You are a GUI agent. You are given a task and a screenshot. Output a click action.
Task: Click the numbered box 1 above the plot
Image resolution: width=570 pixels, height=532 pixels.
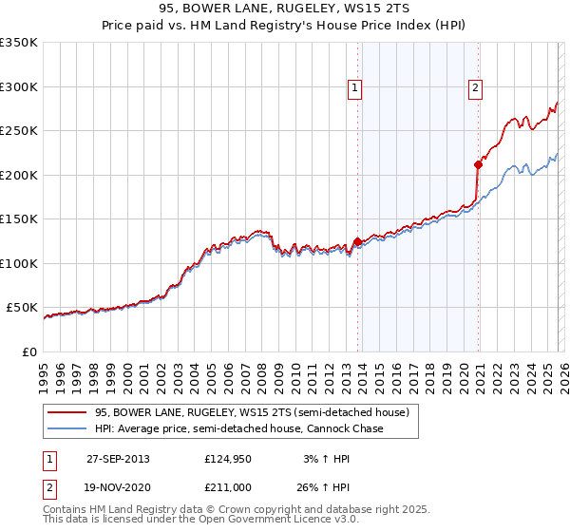coord(354,88)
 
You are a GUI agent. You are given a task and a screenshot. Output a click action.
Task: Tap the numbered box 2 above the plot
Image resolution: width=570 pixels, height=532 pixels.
coord(474,88)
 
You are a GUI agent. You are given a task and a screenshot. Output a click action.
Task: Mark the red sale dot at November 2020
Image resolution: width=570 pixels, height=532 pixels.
coord(478,164)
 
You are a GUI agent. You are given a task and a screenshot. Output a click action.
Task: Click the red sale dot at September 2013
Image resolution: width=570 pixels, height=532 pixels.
coord(358,241)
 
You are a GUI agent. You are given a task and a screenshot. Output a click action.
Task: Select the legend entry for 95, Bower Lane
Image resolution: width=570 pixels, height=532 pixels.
coord(252,412)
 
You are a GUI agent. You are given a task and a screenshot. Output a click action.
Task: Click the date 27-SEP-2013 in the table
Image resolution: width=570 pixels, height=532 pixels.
coord(118,459)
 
